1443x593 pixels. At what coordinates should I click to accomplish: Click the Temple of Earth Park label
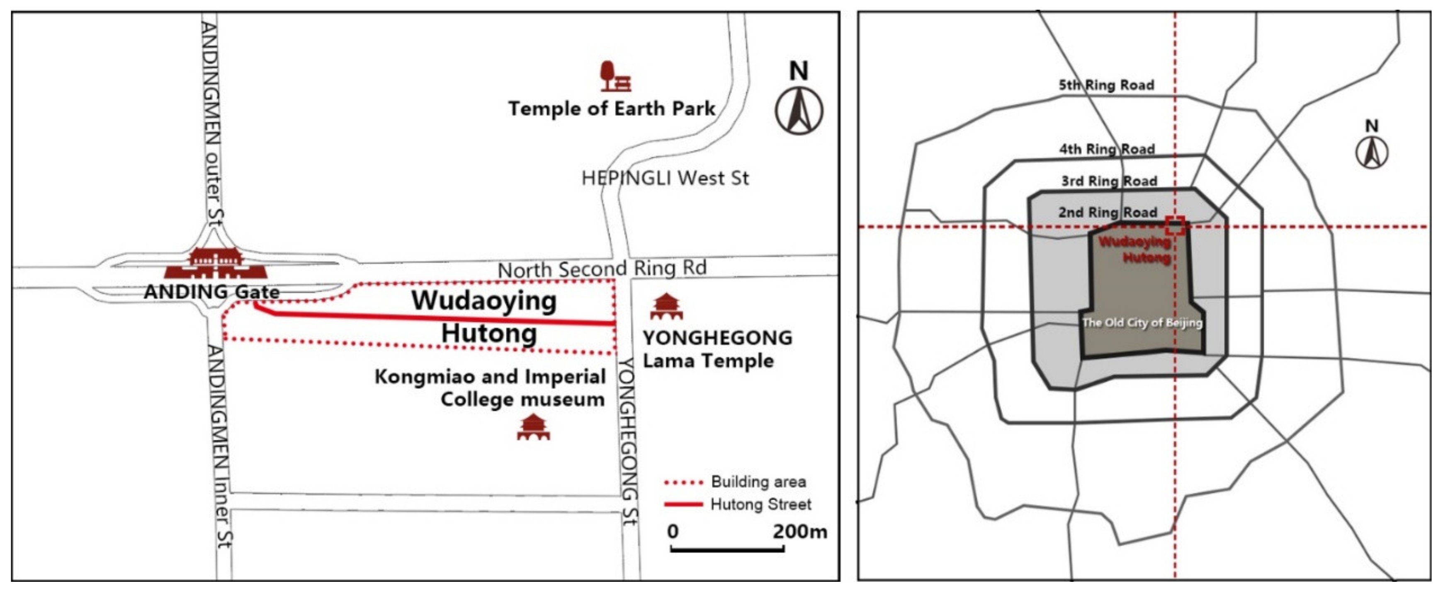[611, 109]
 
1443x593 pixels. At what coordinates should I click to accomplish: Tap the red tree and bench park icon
[615, 77]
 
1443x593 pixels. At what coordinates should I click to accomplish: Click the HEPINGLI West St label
[665, 179]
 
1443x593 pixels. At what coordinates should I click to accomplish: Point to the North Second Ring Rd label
[602, 269]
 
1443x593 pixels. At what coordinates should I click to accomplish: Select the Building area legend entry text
[758, 482]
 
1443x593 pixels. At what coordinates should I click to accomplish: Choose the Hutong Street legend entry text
[760, 504]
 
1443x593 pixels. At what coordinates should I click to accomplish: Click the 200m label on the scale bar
[799, 531]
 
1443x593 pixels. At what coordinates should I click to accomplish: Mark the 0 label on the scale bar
[673, 531]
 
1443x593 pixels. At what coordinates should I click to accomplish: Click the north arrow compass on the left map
[799, 110]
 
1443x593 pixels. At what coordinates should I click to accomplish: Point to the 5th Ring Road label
[1106, 85]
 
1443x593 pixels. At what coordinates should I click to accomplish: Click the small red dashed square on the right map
[1175, 226]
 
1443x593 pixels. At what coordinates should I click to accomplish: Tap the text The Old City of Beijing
[1142, 322]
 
